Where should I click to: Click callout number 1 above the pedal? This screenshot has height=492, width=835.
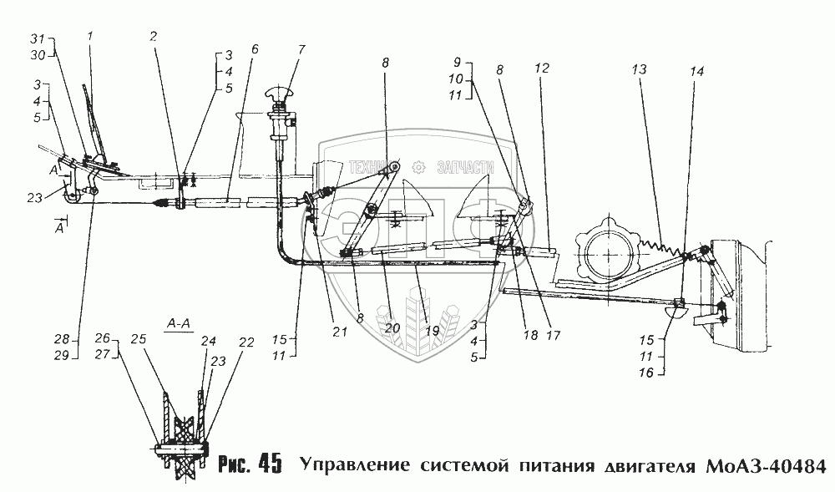(91, 36)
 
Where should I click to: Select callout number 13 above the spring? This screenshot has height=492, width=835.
(640, 70)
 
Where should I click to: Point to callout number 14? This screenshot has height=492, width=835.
(697, 73)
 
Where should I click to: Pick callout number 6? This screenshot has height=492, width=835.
(254, 48)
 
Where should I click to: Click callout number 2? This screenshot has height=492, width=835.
(153, 38)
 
